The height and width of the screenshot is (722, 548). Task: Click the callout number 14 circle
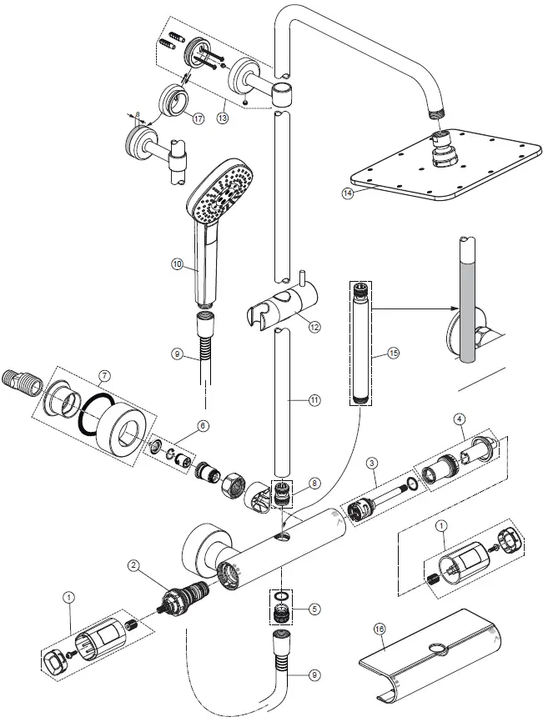point(348,193)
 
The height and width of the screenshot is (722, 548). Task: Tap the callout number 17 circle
point(198,119)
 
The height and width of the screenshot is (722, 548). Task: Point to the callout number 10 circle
point(177,264)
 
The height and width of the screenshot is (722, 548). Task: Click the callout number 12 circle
point(313,328)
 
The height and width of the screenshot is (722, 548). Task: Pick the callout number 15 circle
point(394,354)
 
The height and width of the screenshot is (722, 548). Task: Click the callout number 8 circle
point(314,482)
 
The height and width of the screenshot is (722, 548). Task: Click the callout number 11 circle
point(314,400)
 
